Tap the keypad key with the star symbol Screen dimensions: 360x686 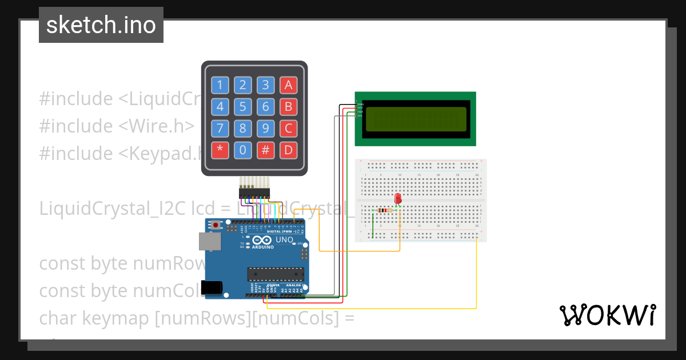[220, 150]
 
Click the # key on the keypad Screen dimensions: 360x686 [265, 150]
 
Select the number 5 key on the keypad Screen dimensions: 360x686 [243, 107]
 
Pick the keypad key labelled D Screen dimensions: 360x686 [288, 150]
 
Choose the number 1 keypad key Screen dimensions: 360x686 [220, 86]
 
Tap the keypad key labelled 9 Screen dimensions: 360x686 [265, 129]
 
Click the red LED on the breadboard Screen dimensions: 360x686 [398, 198]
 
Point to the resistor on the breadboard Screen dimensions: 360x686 [386, 210]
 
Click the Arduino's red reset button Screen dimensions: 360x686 [216, 226]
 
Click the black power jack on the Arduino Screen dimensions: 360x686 [213, 288]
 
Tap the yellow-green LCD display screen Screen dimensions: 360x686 [416, 119]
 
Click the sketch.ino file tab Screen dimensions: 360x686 [101, 25]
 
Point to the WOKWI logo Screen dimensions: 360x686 [607, 315]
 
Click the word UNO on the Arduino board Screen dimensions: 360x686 [284, 241]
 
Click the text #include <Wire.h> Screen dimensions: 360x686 [117, 126]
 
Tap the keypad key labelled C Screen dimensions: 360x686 [288, 129]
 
